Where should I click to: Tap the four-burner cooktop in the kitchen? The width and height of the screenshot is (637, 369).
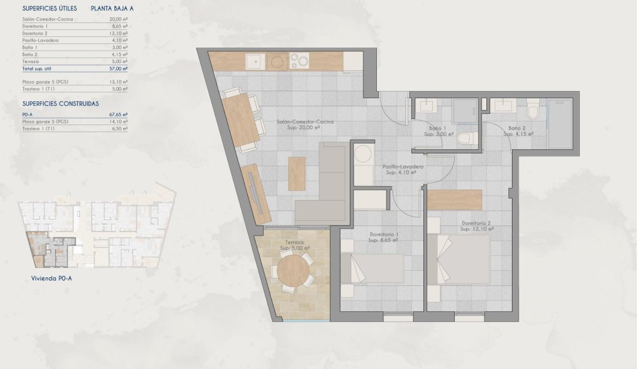299,61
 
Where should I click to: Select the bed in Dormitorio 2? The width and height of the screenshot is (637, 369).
464,259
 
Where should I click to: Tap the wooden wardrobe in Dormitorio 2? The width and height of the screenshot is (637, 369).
454,200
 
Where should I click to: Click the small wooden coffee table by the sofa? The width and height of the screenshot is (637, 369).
296,173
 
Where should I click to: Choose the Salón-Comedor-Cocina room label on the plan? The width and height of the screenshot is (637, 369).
305,121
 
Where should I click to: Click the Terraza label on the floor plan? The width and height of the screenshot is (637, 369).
294,243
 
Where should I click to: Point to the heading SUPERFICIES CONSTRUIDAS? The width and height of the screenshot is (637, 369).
60,103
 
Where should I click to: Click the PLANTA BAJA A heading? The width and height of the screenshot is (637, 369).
112,9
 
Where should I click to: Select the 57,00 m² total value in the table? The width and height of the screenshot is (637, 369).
119,69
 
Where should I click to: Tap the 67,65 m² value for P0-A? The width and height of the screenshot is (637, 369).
119,114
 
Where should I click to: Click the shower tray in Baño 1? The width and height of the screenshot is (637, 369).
463,110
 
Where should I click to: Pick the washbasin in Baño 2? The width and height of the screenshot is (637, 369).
504,105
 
